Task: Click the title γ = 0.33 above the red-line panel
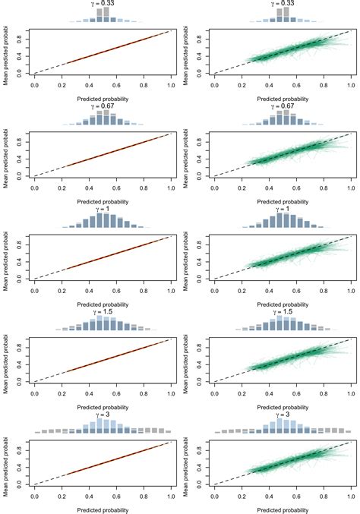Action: pos(102,4)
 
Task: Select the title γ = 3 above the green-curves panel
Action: pos(282,412)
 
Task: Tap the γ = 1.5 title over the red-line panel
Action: pos(102,311)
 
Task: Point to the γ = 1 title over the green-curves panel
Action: pos(282,208)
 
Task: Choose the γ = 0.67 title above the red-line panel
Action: pos(102,106)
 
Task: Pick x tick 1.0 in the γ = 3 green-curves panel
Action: pos(350,494)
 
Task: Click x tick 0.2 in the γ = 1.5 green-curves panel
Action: pos(242,391)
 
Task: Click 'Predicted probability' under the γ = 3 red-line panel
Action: pos(102,508)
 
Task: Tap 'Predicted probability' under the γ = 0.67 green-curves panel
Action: pos(282,201)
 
